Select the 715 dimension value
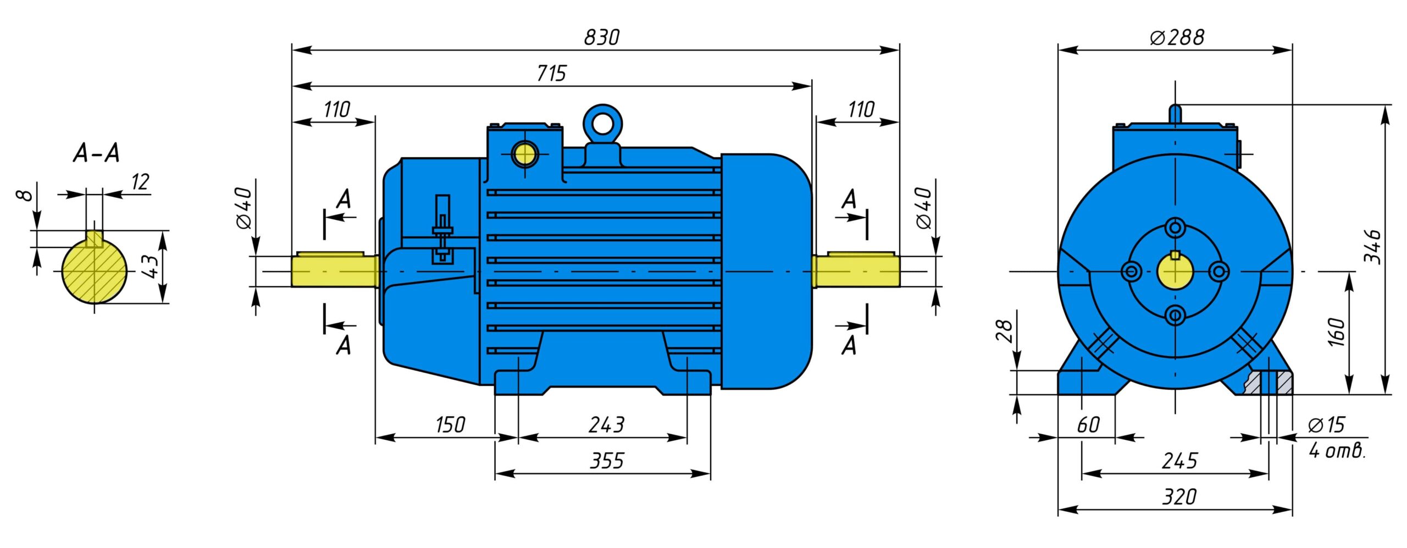551,73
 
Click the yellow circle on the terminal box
524,154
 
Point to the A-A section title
96,153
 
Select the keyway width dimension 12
140,181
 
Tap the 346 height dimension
1372,247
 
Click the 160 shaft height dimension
1336,332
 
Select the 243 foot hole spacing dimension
606,424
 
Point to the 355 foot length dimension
606,461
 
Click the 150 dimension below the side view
450,424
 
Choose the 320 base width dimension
1179,497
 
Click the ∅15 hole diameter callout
1326,424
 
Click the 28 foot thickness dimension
1004,331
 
